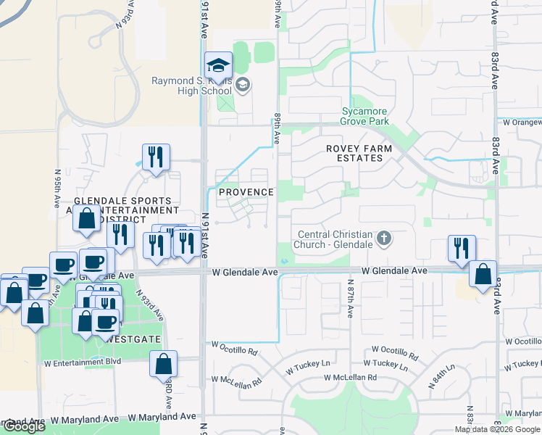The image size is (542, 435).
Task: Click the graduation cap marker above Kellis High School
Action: point(218,66)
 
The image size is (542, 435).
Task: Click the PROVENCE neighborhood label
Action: point(246,192)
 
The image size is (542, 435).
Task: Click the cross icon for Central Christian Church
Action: point(384,237)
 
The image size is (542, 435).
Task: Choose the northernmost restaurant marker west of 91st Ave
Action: point(156,157)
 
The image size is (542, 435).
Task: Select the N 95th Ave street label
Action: point(57,189)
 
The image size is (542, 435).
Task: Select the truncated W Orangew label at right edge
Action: point(520,123)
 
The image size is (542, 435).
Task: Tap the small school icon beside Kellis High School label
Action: point(243,86)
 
